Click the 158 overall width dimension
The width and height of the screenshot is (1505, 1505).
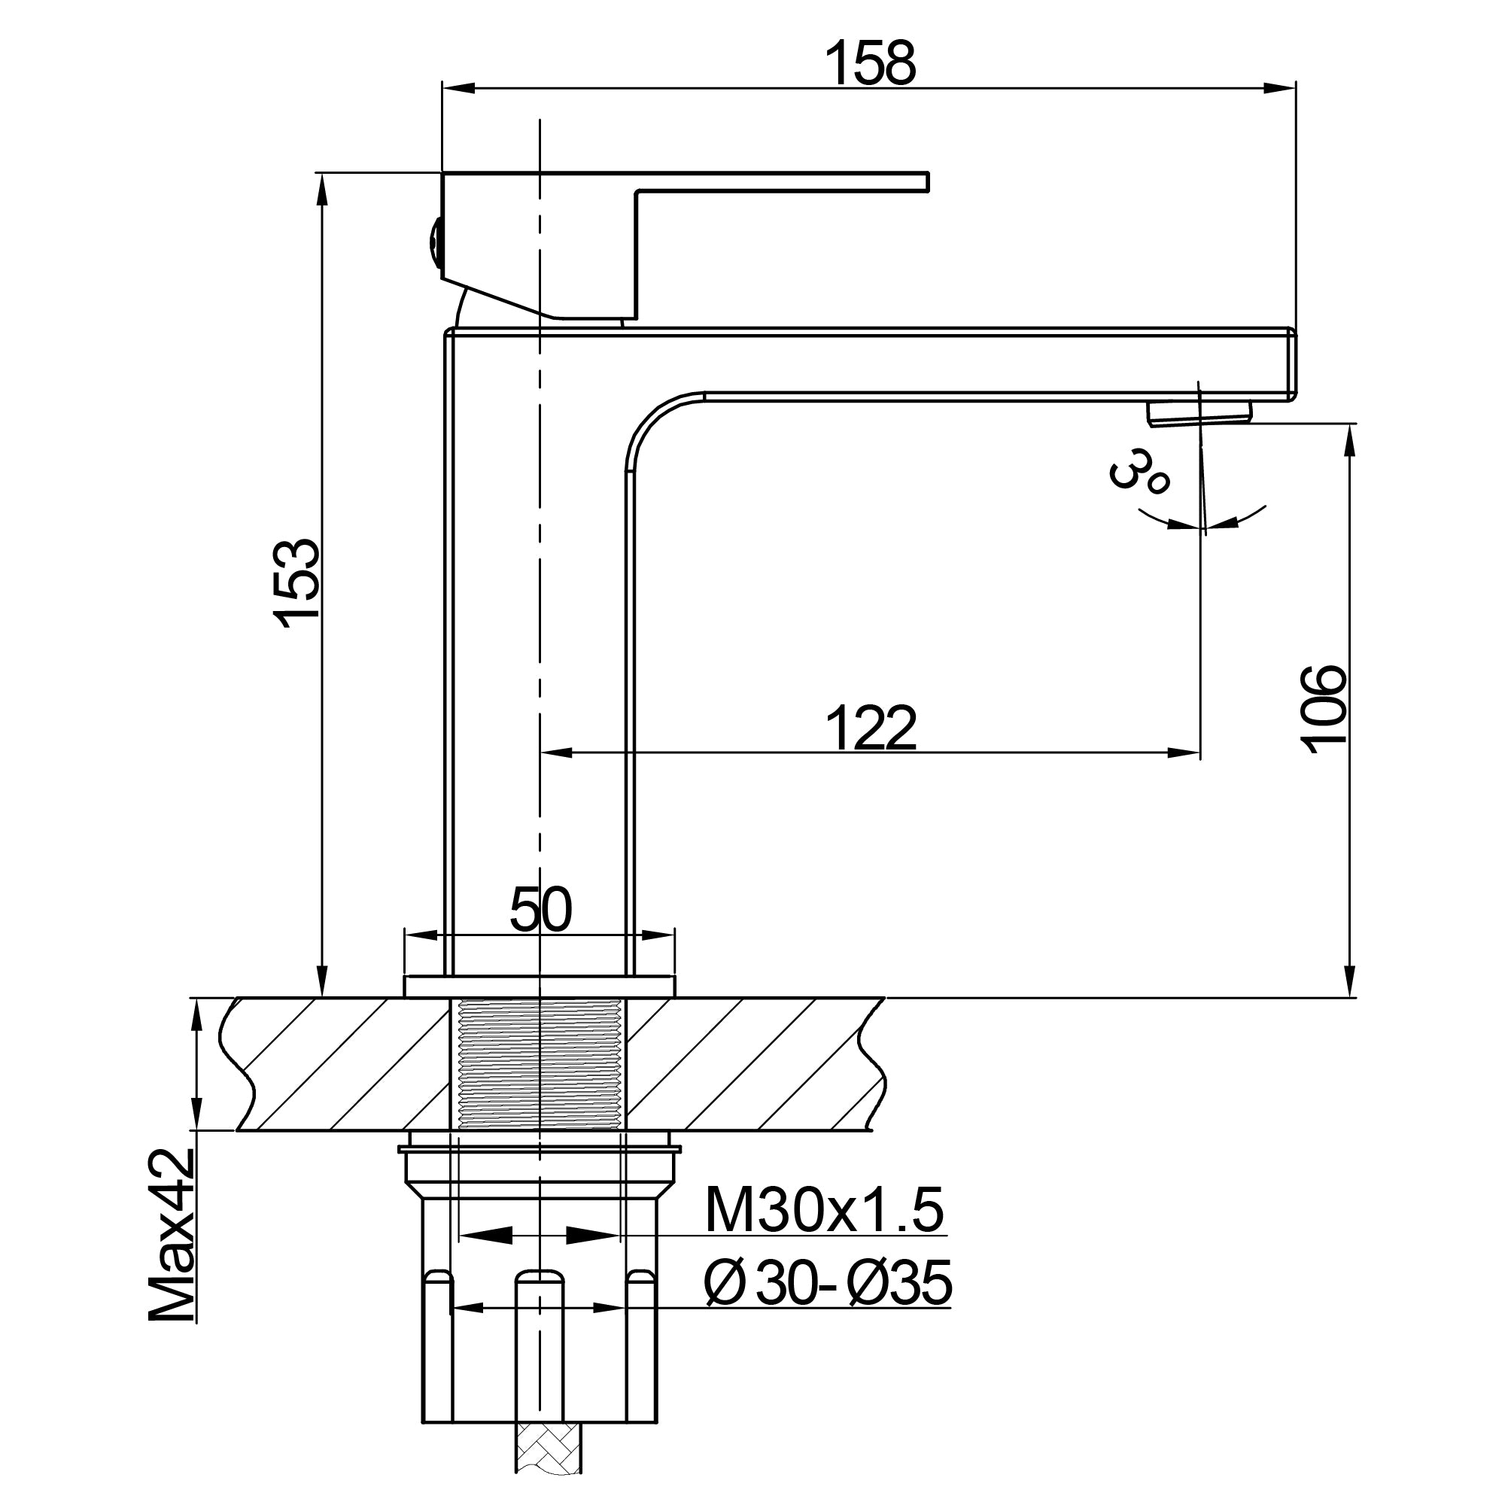pos(870,64)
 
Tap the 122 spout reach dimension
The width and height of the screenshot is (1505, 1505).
pos(870,728)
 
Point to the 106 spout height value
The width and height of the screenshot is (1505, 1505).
pos(1323,709)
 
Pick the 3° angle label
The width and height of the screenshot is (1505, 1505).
pos(1138,470)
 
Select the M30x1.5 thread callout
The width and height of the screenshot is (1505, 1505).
pos(824,1211)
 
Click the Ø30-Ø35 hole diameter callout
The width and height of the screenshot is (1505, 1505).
pos(827,1283)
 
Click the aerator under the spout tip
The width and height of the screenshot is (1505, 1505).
pos(1199,412)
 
